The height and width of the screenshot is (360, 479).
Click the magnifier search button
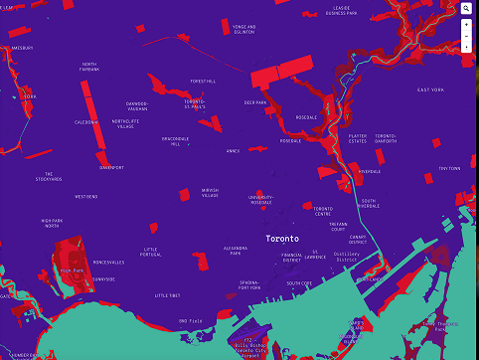[466, 8]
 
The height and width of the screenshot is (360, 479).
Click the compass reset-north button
[466, 47]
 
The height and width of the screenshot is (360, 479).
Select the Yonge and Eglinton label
[244, 29]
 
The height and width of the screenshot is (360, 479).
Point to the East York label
[430, 90]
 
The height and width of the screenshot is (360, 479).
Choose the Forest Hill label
[203, 82]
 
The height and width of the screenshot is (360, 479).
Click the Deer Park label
[255, 102]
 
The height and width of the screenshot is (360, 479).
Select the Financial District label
[293, 256]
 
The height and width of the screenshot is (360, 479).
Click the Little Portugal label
[151, 252]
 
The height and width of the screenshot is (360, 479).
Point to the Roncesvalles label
[108, 263]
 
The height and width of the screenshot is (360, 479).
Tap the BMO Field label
[191, 320]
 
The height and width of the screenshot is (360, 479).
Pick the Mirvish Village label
[210, 193]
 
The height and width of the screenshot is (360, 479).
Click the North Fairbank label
[90, 67]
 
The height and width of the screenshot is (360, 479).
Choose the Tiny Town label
[449, 168]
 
